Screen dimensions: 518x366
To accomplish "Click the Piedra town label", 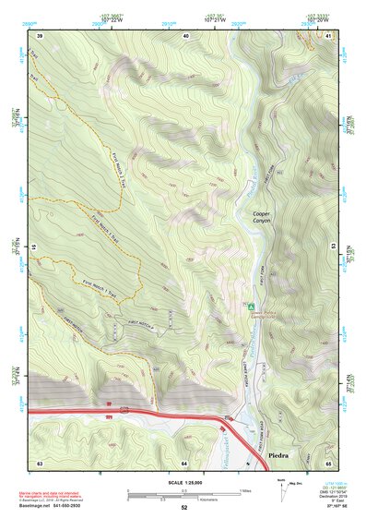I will [277, 456].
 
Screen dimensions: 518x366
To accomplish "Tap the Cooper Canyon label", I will [266, 218].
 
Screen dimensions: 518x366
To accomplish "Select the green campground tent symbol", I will [250, 306].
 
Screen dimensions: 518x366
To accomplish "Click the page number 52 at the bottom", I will [183, 508].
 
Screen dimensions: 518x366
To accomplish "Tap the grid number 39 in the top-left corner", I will [40, 35].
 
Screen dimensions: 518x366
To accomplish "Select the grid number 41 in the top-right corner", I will [328, 35].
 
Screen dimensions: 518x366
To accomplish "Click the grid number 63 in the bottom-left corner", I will [40, 463].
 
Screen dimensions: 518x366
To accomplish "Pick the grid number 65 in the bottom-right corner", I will [328, 463].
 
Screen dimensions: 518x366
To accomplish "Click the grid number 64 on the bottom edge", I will [184, 463].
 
